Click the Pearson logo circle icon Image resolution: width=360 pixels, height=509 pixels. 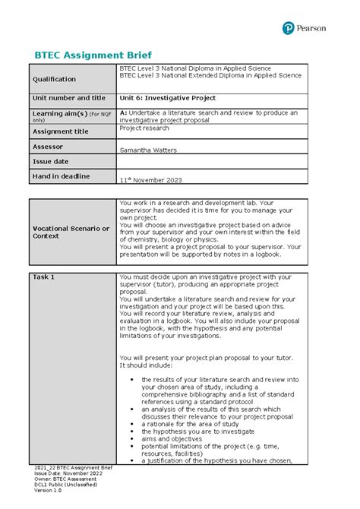288,28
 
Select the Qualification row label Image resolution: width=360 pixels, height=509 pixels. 53,79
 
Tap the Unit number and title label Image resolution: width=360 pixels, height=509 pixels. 68,98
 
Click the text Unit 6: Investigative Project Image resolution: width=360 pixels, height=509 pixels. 168,98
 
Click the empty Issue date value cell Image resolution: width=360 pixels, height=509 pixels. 213,162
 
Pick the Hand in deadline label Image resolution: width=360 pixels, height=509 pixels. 61,176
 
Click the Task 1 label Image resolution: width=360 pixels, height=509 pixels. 43,277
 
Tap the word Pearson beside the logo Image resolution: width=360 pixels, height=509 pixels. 311,28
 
